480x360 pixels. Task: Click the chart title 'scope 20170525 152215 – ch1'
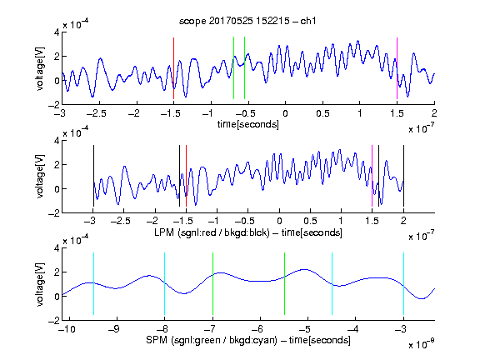tap(247, 21)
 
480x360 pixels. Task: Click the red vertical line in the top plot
tap(173, 68)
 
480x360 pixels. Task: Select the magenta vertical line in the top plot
tap(397, 68)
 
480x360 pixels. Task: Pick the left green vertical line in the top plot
tap(233, 68)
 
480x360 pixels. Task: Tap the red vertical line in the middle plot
tap(186, 176)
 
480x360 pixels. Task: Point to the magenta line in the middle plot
tap(372, 176)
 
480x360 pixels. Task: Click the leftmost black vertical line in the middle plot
tap(93, 176)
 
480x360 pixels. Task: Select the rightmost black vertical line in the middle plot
tap(403, 176)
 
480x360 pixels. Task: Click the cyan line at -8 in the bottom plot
tap(165, 284)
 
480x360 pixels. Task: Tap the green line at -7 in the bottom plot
tap(212, 284)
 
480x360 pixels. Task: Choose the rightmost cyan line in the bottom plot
tap(403, 284)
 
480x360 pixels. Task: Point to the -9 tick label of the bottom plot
tap(114, 329)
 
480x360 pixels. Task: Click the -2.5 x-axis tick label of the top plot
tap(96, 113)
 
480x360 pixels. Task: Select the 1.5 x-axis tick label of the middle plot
tap(372, 221)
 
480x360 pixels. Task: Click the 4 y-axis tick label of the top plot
tap(57, 32)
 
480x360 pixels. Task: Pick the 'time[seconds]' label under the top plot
tap(248, 124)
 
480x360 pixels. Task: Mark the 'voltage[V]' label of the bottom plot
tap(40, 284)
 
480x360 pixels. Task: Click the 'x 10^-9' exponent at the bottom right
tap(421, 345)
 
